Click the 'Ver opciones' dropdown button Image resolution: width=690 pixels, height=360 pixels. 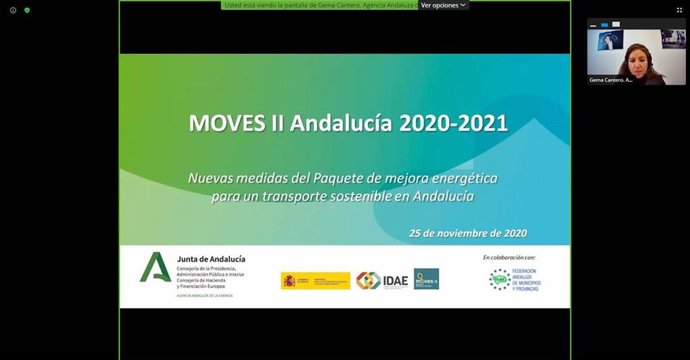(442, 5)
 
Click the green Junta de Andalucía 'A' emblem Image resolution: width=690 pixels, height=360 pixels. (156, 268)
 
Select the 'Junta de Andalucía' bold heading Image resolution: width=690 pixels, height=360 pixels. (211, 258)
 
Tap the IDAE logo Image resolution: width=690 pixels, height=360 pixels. (383, 280)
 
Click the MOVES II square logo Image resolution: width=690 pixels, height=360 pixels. (426, 279)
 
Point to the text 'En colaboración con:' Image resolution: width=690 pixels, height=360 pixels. (509, 257)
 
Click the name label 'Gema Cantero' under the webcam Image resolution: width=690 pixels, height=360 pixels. (611, 79)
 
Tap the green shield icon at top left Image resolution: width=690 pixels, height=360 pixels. (27, 9)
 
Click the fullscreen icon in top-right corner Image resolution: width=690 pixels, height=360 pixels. (679, 9)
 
